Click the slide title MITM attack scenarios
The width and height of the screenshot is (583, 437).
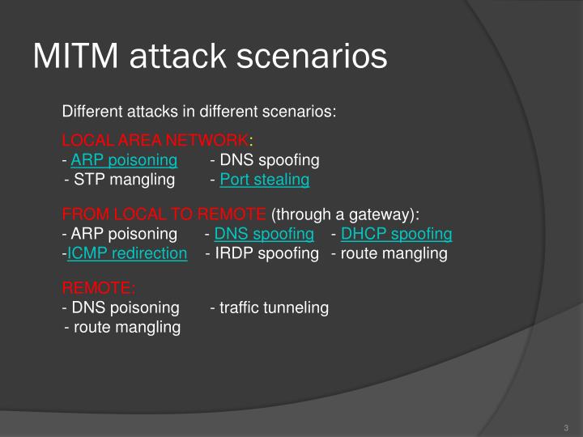(x=210, y=57)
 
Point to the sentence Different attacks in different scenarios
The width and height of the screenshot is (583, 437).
(x=199, y=111)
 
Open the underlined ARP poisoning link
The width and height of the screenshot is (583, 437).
(x=124, y=159)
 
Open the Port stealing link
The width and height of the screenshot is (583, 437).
(x=265, y=180)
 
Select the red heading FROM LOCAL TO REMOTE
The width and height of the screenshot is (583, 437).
(x=164, y=214)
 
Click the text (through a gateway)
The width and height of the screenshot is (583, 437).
(x=346, y=214)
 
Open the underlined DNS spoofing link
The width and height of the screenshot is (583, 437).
(x=264, y=234)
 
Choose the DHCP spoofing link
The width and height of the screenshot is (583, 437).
(x=396, y=234)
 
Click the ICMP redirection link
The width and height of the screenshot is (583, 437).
(x=127, y=253)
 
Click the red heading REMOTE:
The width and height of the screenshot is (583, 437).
(x=99, y=288)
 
